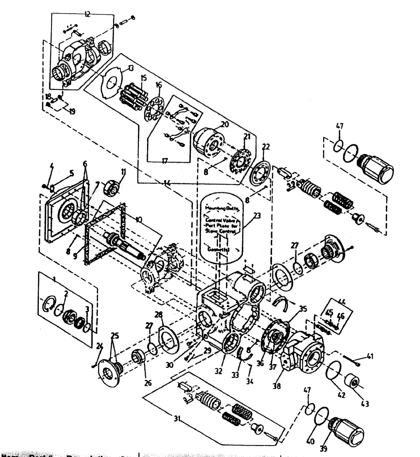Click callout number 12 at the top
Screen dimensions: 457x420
point(86,15)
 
